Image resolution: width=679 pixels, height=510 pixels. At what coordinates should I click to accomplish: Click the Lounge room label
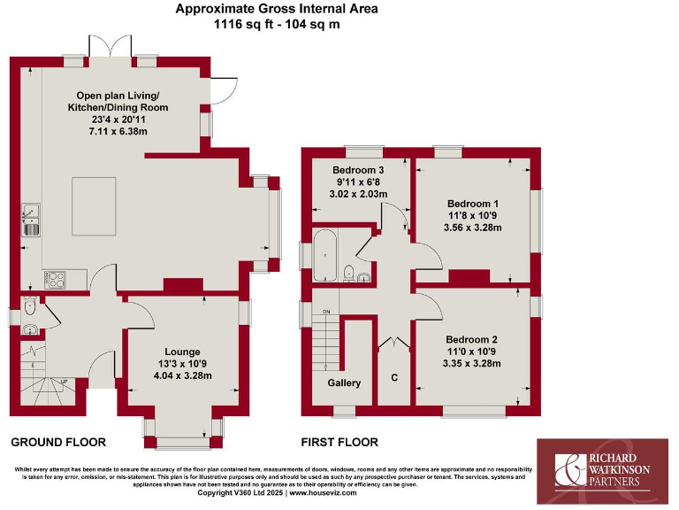point(181,352)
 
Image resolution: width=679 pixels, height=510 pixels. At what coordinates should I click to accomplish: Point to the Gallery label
point(344,383)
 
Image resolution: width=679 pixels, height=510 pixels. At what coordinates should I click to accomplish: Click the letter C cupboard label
point(394,378)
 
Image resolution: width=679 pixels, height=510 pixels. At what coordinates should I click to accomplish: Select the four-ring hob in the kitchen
point(55,278)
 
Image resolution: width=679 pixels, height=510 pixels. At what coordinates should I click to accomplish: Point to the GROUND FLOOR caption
point(58,442)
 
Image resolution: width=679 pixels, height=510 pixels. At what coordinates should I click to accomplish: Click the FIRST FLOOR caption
point(339,442)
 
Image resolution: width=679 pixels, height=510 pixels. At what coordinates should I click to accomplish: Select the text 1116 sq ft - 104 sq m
point(277,25)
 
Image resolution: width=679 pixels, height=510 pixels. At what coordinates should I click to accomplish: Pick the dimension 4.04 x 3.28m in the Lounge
point(181,375)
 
